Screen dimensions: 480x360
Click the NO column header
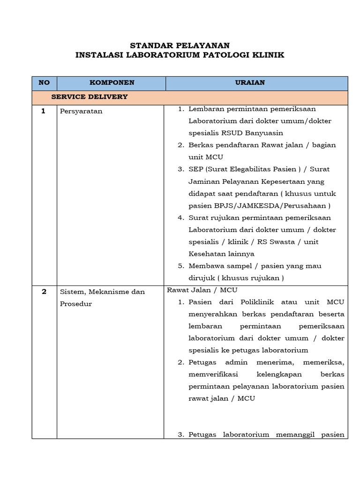click(x=44, y=82)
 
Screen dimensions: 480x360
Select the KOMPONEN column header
click(x=112, y=82)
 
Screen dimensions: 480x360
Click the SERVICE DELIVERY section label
click(x=89, y=97)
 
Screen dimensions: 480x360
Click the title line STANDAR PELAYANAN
click(x=180, y=45)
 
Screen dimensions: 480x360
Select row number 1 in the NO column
click(x=44, y=112)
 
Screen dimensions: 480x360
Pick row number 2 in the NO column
click(x=44, y=292)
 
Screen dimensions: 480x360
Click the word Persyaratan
click(x=81, y=112)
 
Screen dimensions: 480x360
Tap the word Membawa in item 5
click(x=204, y=266)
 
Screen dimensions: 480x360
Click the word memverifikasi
click(x=213, y=375)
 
